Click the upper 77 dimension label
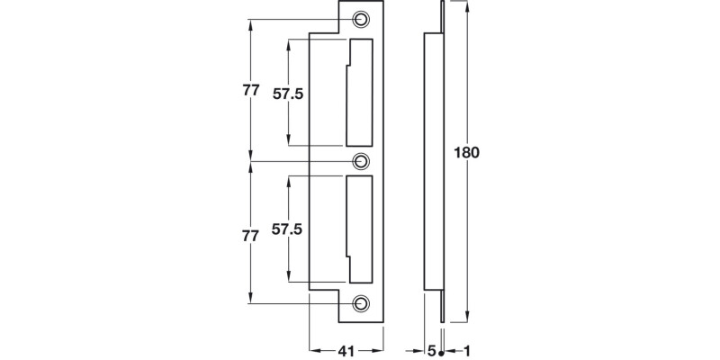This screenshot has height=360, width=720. pos(251,91)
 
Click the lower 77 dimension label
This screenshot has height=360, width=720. pos(251,236)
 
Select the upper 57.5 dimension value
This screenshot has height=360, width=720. pos(288,93)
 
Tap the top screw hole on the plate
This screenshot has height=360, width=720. pos(361,19)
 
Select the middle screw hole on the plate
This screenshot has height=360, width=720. pos(361,161)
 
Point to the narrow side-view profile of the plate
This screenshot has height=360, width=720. pos(435,162)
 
